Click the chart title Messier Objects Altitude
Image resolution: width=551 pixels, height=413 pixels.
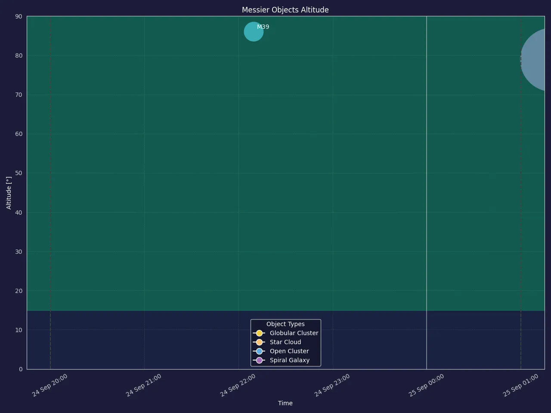(285, 10)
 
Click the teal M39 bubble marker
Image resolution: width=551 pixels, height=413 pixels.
(254, 31)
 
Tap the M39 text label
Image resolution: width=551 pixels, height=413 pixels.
(263, 27)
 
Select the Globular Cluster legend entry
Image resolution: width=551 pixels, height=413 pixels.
(285, 333)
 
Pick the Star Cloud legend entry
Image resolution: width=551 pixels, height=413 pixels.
(277, 342)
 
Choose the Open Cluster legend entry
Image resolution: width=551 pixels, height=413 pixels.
(281, 351)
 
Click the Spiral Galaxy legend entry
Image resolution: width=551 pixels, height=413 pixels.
(281, 360)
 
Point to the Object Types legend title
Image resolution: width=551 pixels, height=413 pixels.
(285, 324)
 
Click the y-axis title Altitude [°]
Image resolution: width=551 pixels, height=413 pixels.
(9, 193)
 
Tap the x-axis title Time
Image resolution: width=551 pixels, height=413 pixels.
(285, 403)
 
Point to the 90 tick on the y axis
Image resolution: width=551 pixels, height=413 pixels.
(19, 16)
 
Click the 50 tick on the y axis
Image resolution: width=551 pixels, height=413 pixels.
(19, 173)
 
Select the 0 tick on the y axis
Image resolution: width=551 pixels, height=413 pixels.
(21, 369)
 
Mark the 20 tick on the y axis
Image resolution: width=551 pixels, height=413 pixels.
(19, 291)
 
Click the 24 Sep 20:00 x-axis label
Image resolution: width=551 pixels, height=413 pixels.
(50, 385)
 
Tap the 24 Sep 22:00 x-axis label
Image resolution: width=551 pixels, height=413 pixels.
(238, 385)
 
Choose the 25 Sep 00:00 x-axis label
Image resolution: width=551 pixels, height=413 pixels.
(426, 385)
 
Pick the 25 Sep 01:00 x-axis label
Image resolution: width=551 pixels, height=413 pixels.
(520, 385)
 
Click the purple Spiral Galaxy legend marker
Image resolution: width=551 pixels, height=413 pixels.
(259, 360)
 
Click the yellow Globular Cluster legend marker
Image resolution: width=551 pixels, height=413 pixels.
(259, 333)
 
